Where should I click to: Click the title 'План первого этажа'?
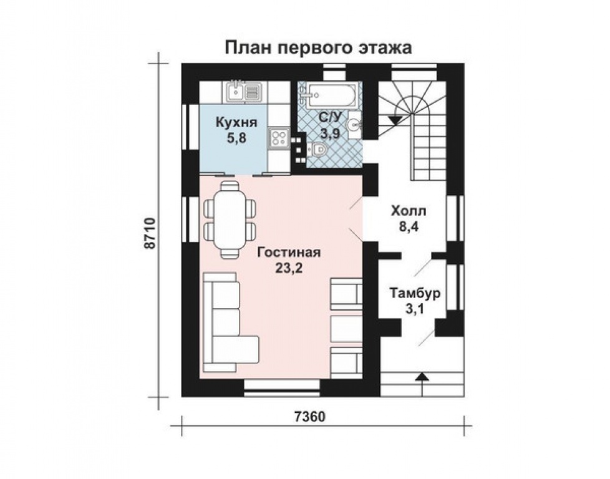[x=317, y=47]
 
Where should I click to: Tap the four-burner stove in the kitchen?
[x=278, y=137]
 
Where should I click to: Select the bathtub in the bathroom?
[x=330, y=95]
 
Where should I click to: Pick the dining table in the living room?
[x=230, y=219]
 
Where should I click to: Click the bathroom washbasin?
[x=354, y=124]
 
